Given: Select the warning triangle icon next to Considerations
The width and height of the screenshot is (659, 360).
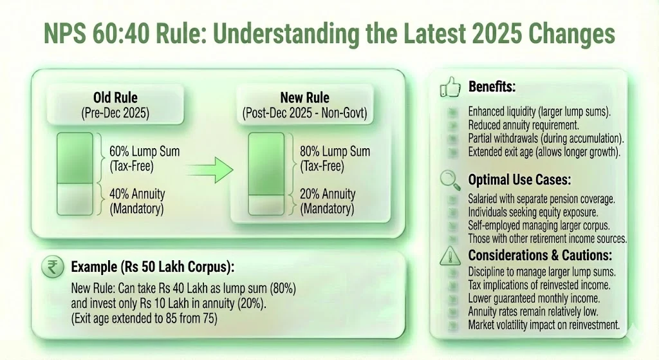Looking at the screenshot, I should pyautogui.click(x=448, y=256).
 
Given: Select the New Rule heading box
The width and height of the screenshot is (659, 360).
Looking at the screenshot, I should pyautogui.click(x=304, y=105).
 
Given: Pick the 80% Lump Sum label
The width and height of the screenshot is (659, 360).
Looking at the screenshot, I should pyautogui.click(x=335, y=158).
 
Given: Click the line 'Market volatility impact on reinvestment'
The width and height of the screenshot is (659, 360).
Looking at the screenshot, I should pyautogui.click(x=544, y=325).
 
